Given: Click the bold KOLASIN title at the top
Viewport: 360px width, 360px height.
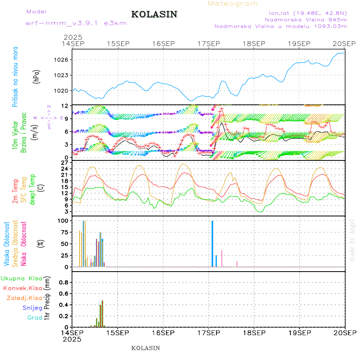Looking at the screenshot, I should [x=154, y=14].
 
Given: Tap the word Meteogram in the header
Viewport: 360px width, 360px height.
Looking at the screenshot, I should [x=233, y=4].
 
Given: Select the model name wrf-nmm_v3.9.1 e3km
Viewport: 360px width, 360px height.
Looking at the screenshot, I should [x=76, y=23].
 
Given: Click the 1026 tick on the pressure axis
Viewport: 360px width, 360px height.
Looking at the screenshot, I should [x=63, y=60].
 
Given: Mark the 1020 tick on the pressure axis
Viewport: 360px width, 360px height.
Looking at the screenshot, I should [x=63, y=90].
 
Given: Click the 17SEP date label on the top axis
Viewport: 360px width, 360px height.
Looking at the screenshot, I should [x=208, y=44].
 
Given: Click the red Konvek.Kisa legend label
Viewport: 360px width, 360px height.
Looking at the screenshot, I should [x=22, y=288].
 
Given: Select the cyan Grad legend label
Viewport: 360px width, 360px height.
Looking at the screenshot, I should [x=35, y=318].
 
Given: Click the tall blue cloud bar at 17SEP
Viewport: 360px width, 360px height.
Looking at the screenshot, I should [x=212, y=244].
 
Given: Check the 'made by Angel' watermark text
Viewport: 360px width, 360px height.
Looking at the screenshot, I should [x=352, y=240].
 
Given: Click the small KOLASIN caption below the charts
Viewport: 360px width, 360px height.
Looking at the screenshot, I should [x=146, y=348].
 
